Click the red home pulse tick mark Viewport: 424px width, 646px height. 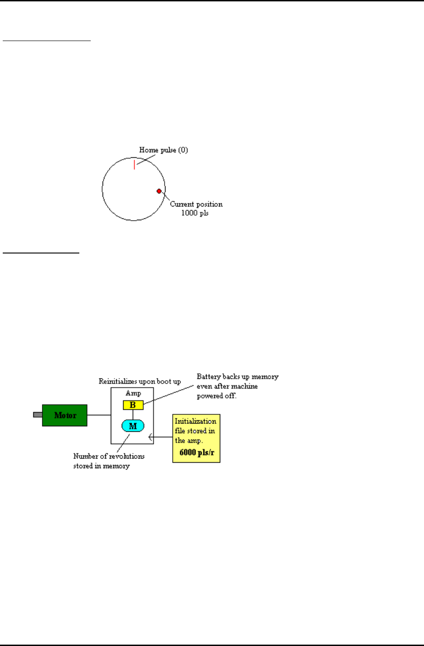coord(134,164)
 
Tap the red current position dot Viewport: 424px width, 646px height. coord(159,191)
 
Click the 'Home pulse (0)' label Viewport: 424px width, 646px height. coord(163,150)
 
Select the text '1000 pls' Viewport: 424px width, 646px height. coord(195,213)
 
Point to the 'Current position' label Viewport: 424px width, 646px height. coord(196,204)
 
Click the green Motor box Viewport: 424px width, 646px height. coord(65,415)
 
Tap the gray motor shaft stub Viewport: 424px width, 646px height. coord(38,415)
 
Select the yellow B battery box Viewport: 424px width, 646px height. coord(133,405)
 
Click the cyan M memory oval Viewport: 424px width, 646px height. coord(133,426)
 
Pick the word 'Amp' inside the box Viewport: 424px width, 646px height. coord(133,393)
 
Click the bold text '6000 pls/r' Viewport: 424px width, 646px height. coord(196,453)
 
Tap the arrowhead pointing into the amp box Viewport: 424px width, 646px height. coord(151,437)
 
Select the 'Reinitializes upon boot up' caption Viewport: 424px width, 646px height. coord(140,382)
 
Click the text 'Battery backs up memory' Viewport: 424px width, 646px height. coord(237,377)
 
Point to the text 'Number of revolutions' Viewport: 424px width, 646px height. coord(109,456)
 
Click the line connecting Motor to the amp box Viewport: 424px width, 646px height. coord(99,415)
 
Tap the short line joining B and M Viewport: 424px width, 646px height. coord(133,415)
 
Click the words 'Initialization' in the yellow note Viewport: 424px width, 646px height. coord(195,421)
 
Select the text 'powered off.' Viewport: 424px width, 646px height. coord(217,396)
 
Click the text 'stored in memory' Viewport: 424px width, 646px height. coord(101,466)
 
